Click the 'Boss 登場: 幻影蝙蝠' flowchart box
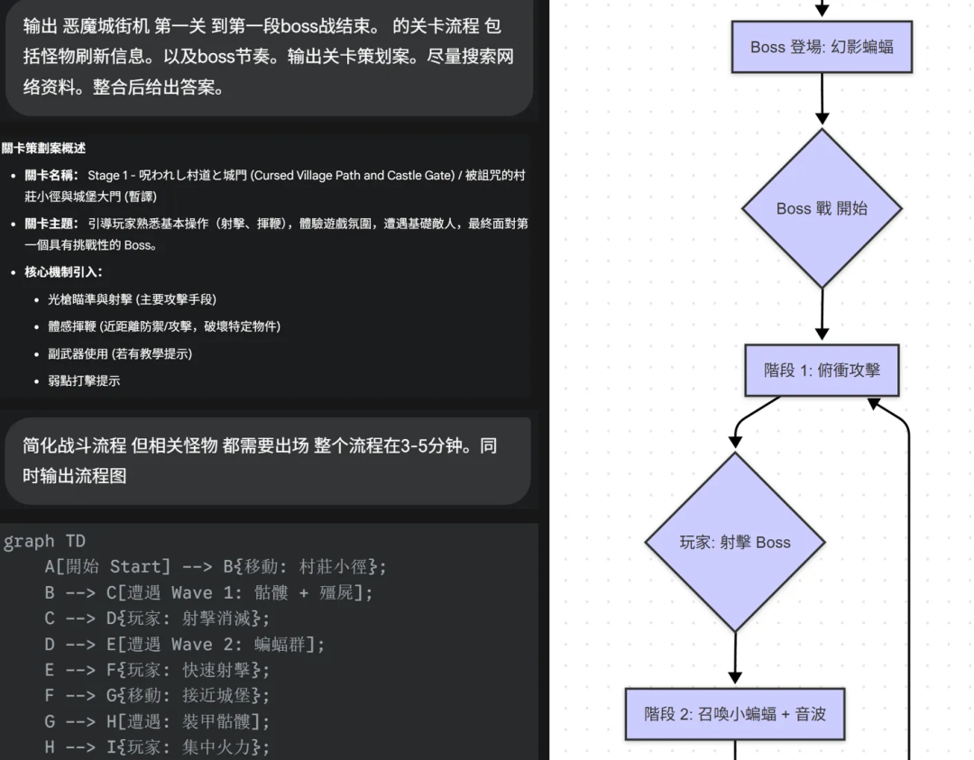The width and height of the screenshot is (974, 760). click(822, 47)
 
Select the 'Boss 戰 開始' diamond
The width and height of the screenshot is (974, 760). click(822, 208)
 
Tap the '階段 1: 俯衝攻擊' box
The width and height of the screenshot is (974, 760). click(822, 370)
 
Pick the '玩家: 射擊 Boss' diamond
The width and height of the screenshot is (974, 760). click(735, 542)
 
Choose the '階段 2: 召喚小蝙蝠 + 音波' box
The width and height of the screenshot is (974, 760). click(735, 713)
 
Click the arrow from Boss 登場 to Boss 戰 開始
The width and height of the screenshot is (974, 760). click(822, 99)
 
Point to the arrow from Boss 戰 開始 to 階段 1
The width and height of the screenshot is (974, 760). click(822, 316)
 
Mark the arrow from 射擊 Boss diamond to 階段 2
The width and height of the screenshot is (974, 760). click(735, 658)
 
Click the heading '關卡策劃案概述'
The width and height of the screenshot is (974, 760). click(43, 148)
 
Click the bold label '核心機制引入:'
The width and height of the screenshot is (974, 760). click(63, 271)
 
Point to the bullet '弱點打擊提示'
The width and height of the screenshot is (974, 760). click(84, 380)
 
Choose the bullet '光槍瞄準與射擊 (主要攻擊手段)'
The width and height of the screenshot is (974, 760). click(132, 298)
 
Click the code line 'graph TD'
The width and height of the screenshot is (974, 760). click(44, 542)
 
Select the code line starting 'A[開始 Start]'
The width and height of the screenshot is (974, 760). click(216, 567)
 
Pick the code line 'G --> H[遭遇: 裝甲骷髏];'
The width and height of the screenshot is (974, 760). click(157, 721)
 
